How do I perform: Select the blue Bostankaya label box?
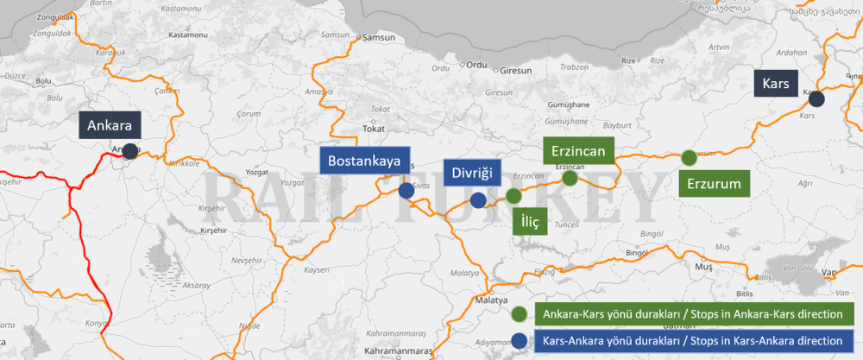(x=362, y=161)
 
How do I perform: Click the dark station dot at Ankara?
(x=129, y=151)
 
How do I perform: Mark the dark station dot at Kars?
(x=816, y=99)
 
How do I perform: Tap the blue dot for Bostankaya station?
(x=406, y=190)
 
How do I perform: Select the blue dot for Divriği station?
(x=478, y=200)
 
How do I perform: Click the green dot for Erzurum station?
(x=689, y=157)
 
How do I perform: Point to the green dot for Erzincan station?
(x=570, y=178)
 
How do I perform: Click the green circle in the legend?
(x=519, y=313)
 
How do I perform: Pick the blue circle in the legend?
(x=519, y=339)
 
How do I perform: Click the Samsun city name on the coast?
(x=381, y=38)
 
